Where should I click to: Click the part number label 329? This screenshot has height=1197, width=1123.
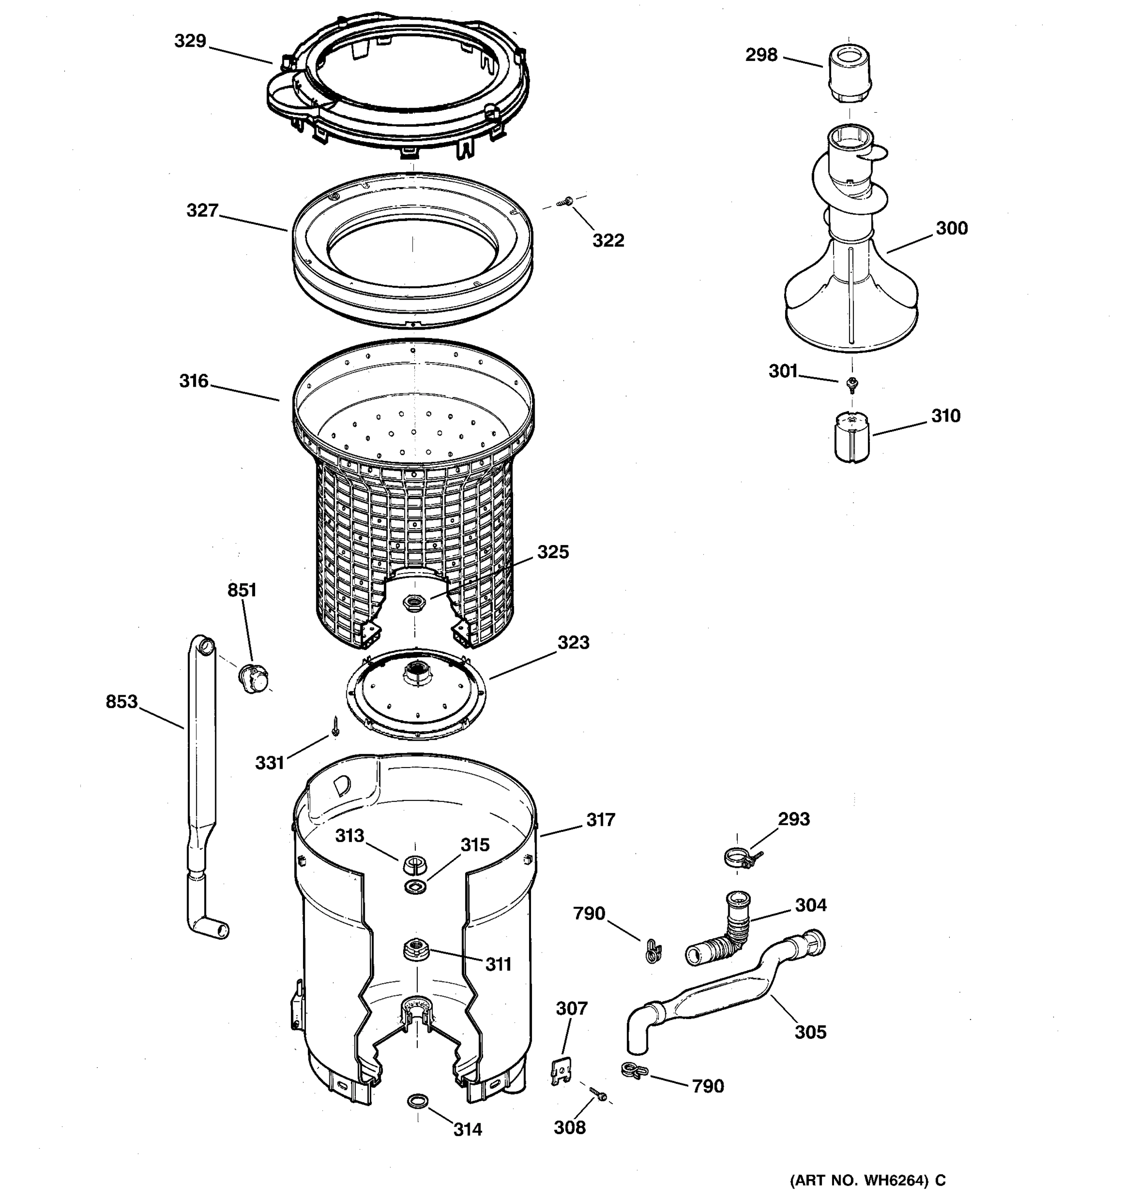tap(190, 41)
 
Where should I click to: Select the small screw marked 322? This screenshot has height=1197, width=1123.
tap(565, 202)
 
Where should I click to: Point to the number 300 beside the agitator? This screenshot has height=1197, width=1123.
tap(951, 228)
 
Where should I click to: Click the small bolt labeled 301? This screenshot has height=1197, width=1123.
tap(852, 384)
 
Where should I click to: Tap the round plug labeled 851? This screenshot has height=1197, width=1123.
tap(253, 678)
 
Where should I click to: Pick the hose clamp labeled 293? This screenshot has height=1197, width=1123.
tap(741, 857)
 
